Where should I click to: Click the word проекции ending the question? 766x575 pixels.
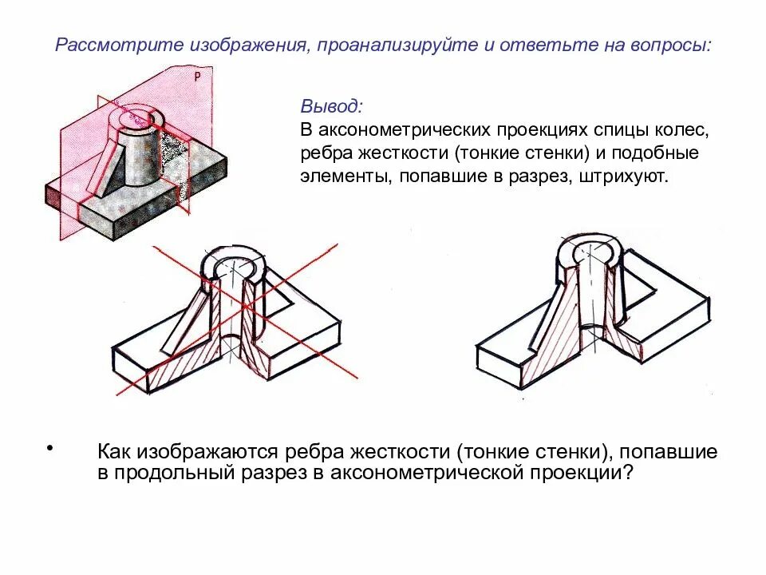click(x=587, y=473)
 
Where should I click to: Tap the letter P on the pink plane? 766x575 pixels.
click(x=197, y=77)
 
